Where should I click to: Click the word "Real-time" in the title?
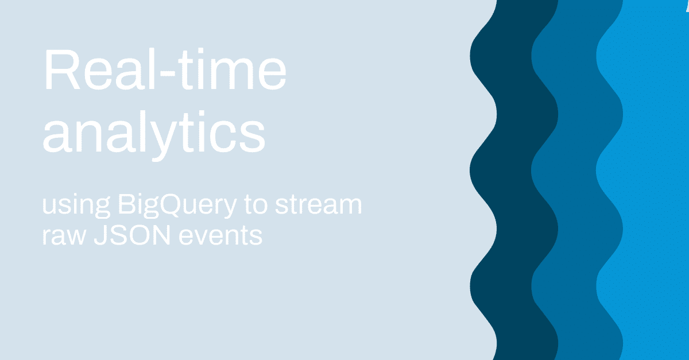point(165,69)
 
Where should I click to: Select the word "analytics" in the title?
point(154,136)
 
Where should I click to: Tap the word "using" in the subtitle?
point(76,206)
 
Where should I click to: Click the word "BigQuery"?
point(177,206)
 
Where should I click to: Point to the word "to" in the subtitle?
point(256,205)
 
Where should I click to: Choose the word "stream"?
point(318,205)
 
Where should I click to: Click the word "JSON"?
point(132,235)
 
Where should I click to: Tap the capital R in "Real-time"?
point(63,69)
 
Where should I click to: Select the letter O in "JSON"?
point(137,235)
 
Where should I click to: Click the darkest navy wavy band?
point(514,180)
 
